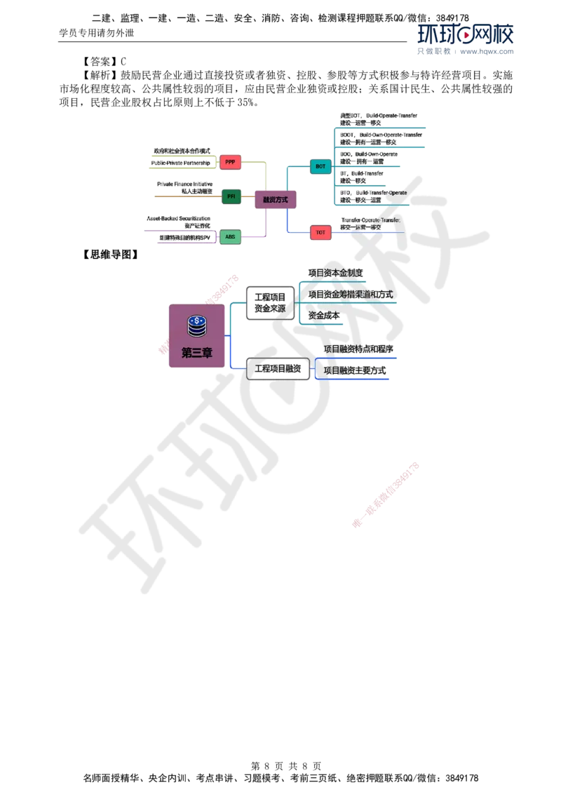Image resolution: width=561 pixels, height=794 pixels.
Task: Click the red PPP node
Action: click(230, 163)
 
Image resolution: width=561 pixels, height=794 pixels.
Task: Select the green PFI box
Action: click(231, 197)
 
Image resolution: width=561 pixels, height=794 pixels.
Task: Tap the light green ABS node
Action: click(230, 237)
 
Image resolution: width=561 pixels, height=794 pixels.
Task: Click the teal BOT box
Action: click(320, 166)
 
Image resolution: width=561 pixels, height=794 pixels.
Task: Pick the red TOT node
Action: click(320, 231)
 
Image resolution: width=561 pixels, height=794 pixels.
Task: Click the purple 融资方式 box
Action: click(275, 200)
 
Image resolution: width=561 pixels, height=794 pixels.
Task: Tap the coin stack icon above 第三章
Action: click(196, 325)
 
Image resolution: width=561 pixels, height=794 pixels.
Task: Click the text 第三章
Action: click(196, 353)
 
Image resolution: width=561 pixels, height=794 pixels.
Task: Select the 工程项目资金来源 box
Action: click(270, 303)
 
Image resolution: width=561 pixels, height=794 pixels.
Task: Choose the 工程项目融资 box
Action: click(278, 368)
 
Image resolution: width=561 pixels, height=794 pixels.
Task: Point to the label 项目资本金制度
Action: click(335, 272)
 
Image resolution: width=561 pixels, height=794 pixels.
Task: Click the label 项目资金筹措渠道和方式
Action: click(350, 294)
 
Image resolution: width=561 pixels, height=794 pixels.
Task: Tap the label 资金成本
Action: click(324, 316)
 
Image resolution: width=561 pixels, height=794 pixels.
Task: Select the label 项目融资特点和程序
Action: click(358, 349)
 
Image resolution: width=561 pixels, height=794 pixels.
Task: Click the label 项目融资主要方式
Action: click(355, 370)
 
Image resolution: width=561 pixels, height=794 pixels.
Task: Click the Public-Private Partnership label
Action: click(181, 163)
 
